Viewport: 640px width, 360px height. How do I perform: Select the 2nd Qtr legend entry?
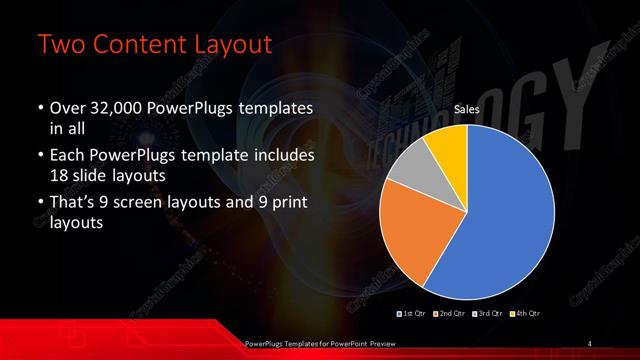point(446,314)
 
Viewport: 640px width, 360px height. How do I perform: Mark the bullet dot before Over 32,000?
point(39,108)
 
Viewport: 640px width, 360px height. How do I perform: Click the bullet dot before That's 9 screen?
point(39,206)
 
